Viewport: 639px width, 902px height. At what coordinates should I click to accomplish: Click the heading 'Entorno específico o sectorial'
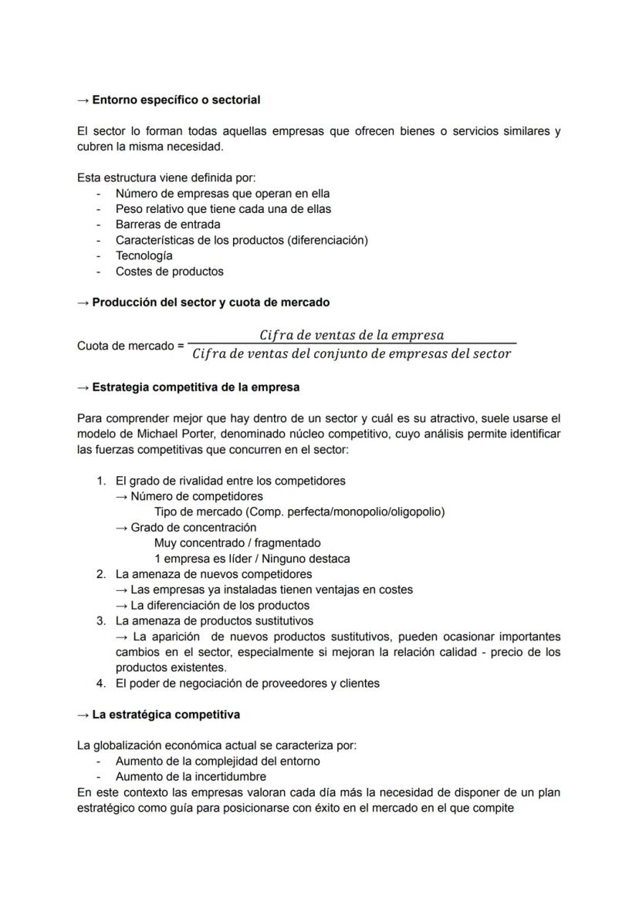pos(176,100)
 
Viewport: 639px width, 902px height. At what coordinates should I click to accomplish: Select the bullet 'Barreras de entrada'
pos(167,225)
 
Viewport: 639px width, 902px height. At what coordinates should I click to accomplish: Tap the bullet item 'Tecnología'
pos(144,255)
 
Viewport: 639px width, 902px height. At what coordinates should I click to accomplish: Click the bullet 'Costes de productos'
pos(169,272)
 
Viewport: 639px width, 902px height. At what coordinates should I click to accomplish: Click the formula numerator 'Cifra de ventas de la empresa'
pos(351,335)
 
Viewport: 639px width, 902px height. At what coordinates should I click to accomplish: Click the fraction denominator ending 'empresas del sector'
pos(351,354)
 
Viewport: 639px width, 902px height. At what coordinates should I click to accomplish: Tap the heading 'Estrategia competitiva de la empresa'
pos(195,387)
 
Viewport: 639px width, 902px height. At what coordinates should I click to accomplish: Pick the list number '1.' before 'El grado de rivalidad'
pos(101,481)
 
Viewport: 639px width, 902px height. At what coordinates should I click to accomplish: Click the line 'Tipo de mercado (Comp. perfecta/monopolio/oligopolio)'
pos(299,512)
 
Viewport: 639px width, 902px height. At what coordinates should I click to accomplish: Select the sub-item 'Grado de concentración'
pos(193,528)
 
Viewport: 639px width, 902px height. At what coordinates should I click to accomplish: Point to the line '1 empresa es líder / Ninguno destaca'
pos(252,559)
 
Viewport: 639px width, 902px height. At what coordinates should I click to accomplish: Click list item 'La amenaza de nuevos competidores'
pos(214,574)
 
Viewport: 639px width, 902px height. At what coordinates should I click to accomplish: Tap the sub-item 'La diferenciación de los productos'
pos(219,606)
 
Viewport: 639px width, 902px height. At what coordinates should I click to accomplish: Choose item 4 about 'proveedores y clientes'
pos(247,683)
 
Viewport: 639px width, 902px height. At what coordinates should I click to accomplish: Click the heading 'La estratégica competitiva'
pos(165,715)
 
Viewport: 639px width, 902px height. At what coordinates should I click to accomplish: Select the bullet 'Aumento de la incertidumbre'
pos(191,776)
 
